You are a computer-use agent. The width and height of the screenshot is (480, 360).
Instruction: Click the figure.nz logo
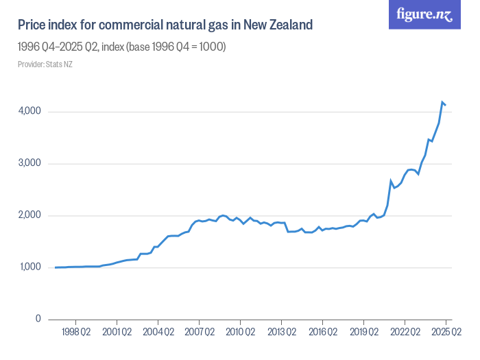(425, 14)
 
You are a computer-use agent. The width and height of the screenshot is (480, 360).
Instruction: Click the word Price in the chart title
(32, 25)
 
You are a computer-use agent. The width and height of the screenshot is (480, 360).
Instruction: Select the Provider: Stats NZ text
(45, 64)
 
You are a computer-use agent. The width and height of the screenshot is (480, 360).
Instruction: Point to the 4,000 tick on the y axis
(29, 112)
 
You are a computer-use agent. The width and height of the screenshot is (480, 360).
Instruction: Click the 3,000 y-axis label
(29, 164)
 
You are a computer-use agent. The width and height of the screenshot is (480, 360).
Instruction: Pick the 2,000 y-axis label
(29, 215)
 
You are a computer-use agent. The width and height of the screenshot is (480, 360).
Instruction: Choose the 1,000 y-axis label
(29, 267)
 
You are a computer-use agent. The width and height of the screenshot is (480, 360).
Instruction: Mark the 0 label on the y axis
(38, 320)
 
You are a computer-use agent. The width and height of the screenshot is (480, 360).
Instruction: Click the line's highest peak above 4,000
(442, 102)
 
